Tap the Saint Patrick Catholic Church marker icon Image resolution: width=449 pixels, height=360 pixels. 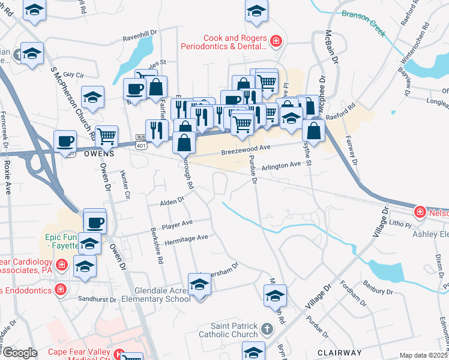268,329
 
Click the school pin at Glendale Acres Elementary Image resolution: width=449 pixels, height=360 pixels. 199,284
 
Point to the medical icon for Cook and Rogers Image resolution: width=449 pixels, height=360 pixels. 276,41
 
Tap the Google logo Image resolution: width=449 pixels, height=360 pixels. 19,353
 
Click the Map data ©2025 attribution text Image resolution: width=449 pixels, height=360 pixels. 423,355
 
